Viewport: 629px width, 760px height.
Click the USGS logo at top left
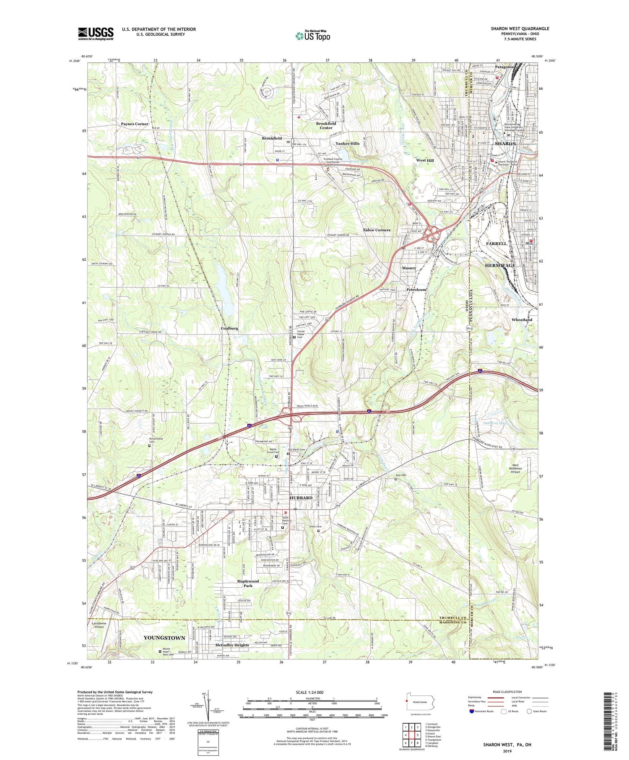pyautogui.click(x=96, y=34)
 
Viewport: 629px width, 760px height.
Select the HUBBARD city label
pyautogui.click(x=301, y=498)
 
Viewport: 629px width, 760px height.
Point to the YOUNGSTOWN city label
pyautogui.click(x=164, y=638)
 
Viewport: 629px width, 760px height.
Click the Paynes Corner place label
pyautogui.click(x=135, y=124)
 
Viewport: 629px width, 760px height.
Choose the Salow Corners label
pyautogui.click(x=377, y=230)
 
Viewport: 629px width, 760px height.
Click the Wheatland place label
pyautogui.click(x=522, y=319)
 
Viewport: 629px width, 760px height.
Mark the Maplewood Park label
pyautogui.click(x=248, y=583)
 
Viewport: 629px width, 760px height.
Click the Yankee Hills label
pyautogui.click(x=347, y=143)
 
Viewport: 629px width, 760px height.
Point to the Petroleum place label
pyautogui.click(x=416, y=290)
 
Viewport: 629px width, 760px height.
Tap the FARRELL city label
pyautogui.click(x=496, y=244)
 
